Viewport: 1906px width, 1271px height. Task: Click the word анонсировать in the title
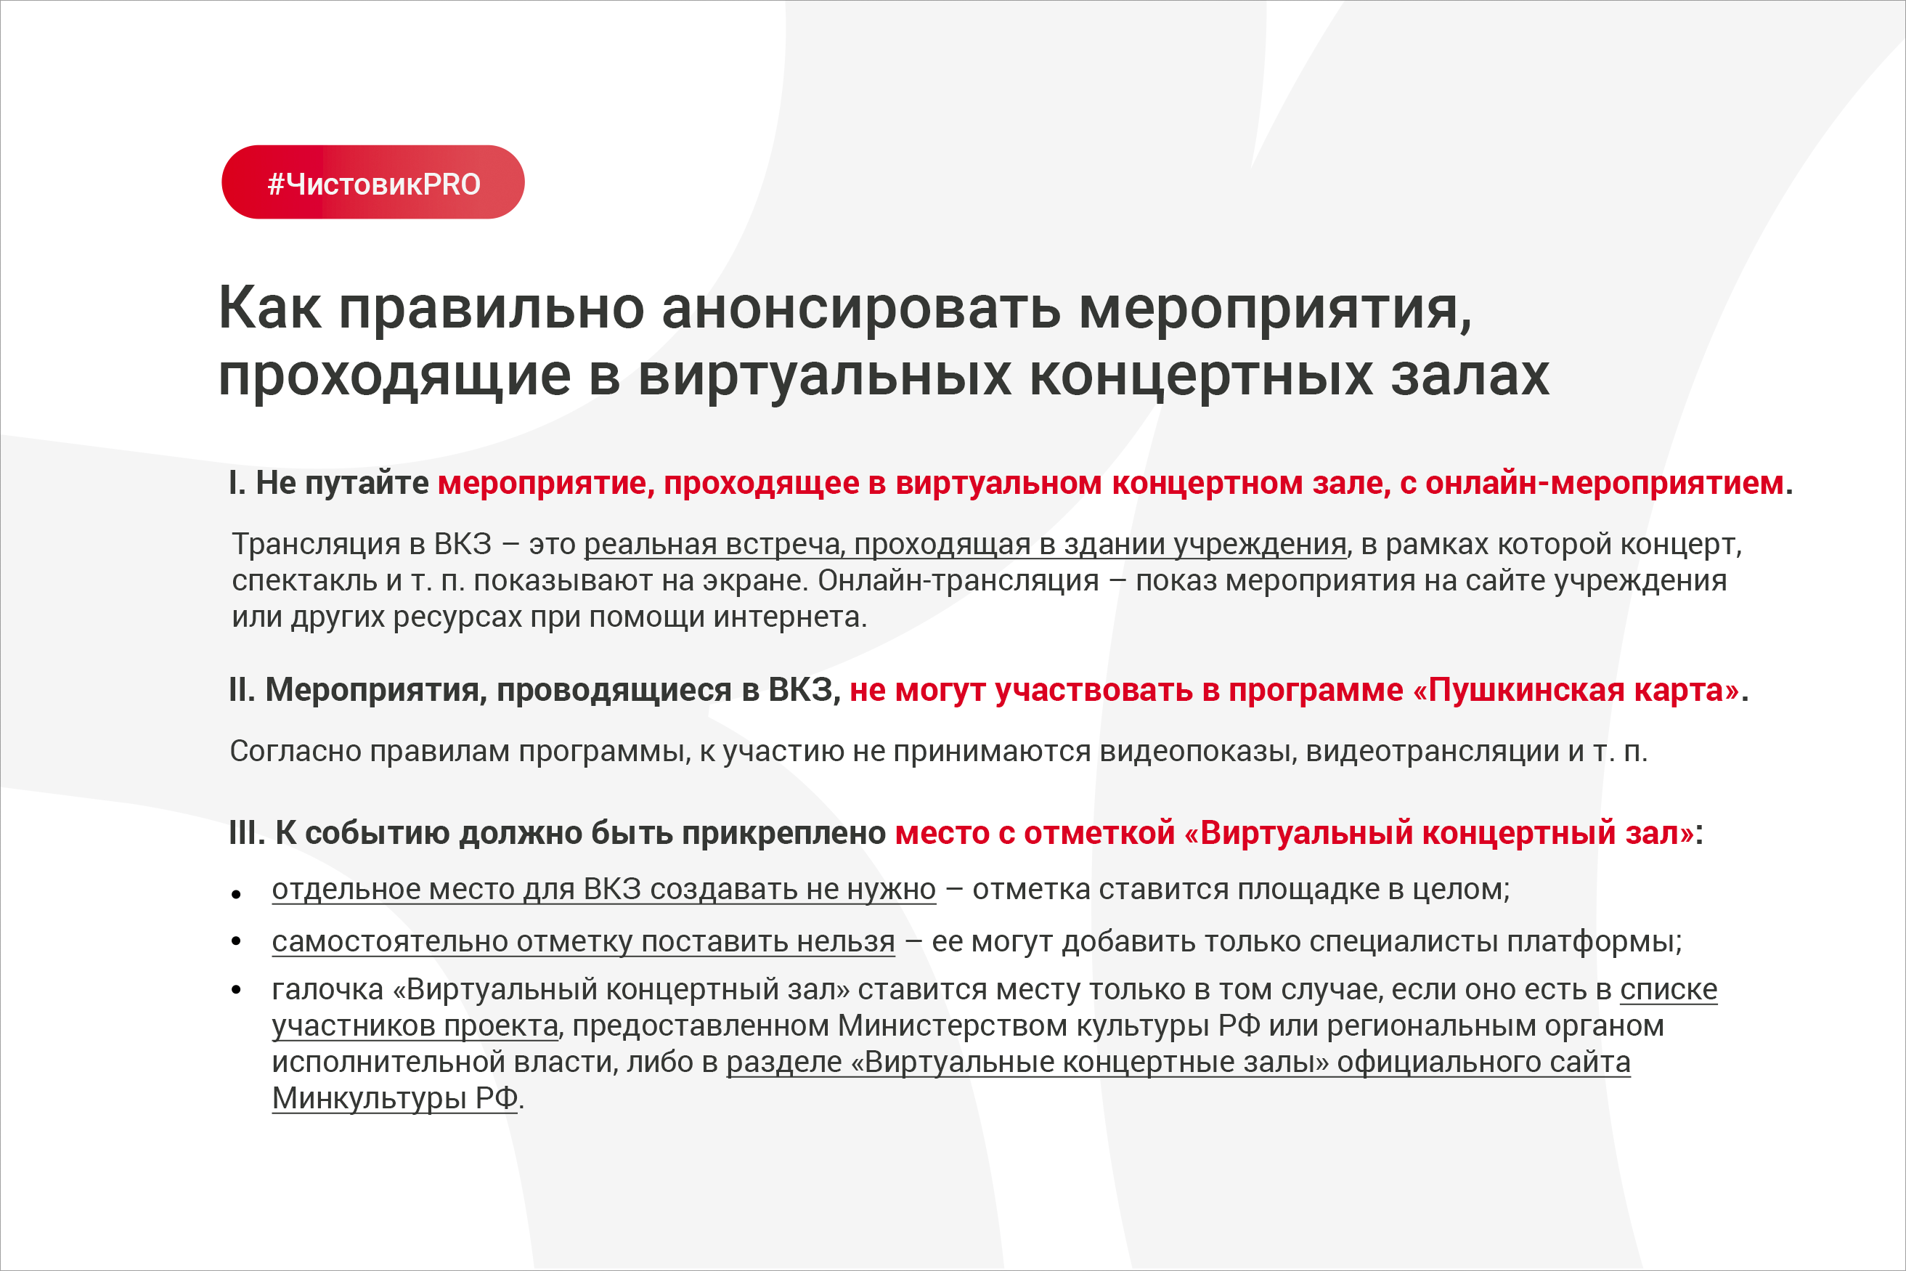click(x=860, y=309)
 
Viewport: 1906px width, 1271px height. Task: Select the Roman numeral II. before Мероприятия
click(x=243, y=690)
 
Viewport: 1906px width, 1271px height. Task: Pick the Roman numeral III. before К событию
click(x=247, y=833)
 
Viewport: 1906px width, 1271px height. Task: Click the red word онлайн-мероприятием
click(x=1605, y=484)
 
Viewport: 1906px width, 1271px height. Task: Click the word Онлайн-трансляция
click(x=958, y=581)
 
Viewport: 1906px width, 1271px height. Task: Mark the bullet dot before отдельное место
click(x=237, y=894)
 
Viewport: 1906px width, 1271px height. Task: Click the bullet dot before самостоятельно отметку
click(x=237, y=941)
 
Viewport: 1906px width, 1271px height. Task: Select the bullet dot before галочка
click(x=237, y=990)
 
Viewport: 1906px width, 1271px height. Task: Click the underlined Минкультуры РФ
click(x=395, y=1098)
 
